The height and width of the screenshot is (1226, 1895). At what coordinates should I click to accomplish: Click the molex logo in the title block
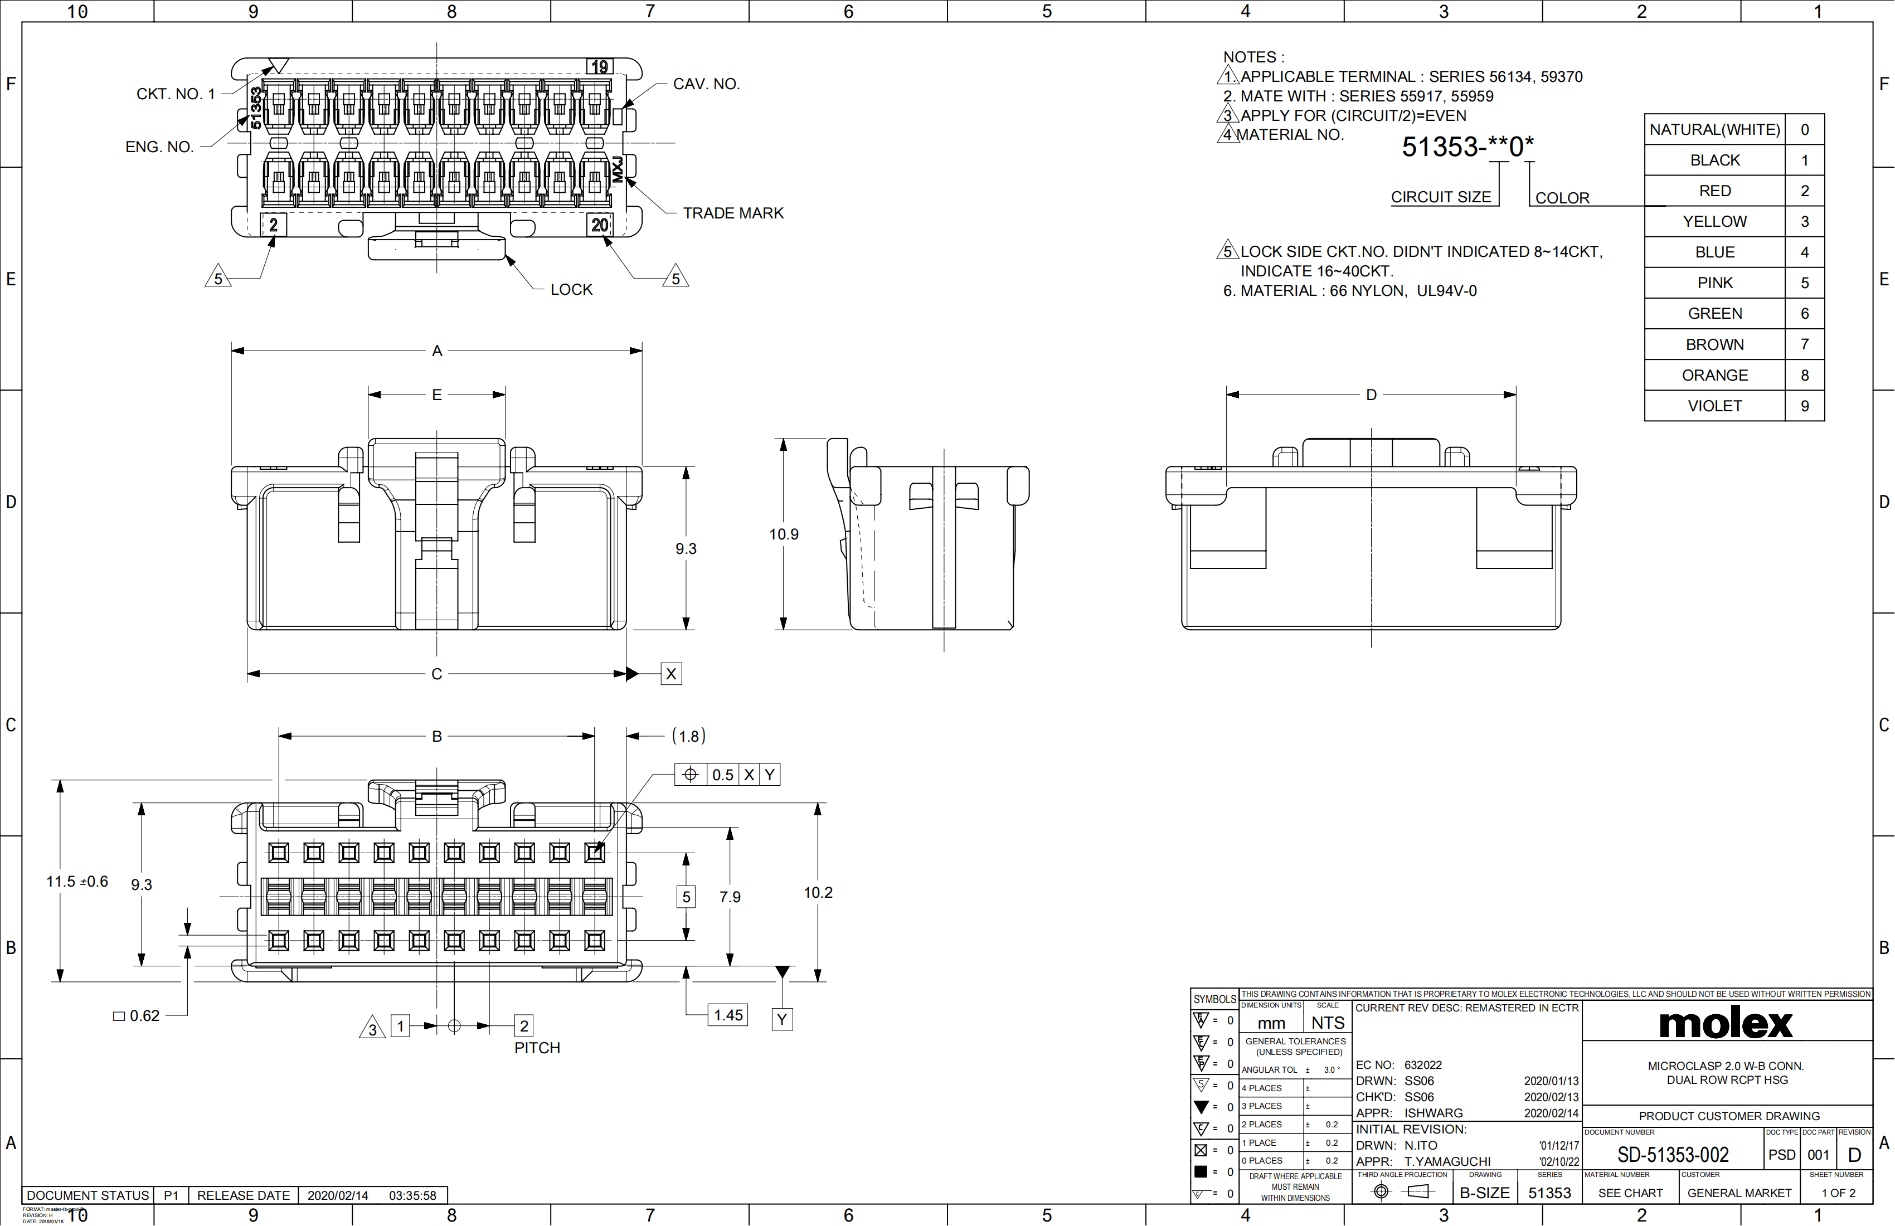tap(1726, 1023)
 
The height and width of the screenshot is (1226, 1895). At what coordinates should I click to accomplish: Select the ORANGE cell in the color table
tap(1714, 375)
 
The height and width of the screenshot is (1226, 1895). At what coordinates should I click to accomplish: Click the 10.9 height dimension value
tap(784, 534)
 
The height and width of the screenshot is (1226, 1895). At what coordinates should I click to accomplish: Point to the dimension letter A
tap(436, 351)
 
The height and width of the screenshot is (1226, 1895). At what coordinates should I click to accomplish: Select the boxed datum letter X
tap(671, 674)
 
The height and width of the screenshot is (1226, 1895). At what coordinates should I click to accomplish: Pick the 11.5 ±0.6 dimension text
tap(77, 881)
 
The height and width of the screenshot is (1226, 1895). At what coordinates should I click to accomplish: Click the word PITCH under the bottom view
tap(537, 1048)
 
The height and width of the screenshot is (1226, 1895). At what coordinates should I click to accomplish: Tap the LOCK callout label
tap(571, 290)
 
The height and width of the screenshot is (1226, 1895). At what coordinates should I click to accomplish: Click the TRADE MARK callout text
tap(732, 213)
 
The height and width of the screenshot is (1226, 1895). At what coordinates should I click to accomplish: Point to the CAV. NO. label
tap(706, 84)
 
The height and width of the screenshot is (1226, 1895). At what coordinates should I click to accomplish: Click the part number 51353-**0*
tap(1468, 147)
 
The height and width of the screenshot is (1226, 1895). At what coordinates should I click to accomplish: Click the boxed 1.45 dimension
tap(728, 1015)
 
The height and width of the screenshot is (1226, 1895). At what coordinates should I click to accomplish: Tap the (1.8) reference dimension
tap(689, 736)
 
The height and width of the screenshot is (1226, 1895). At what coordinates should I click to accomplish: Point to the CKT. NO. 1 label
tap(175, 94)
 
